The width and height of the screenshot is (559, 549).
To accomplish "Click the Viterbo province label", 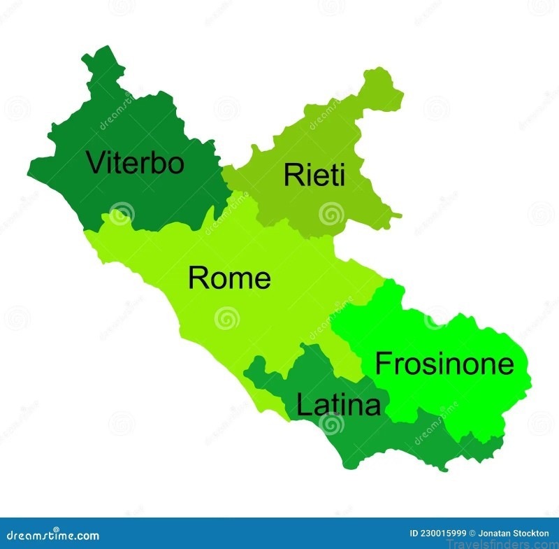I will click(x=135, y=163).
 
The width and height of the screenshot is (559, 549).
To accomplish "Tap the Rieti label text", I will click(x=314, y=175).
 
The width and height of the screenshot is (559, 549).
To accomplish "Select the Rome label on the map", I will click(x=229, y=278).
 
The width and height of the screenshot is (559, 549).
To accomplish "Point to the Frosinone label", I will click(x=444, y=364).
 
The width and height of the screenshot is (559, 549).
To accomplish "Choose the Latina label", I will click(x=339, y=405).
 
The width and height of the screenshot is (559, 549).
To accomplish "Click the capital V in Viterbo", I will click(x=96, y=163).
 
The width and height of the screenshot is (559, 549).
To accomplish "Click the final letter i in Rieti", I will click(x=341, y=174).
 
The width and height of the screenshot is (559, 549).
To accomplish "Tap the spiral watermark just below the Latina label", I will click(x=333, y=425).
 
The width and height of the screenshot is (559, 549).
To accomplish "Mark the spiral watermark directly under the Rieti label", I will click(x=331, y=213).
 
